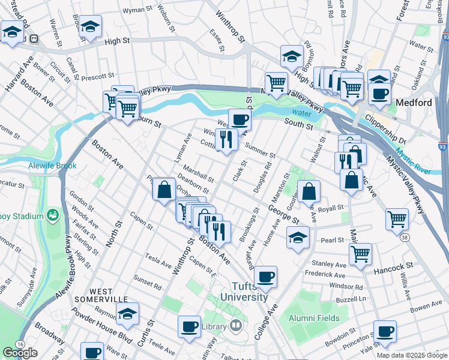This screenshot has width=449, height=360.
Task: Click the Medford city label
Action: (x=414, y=103)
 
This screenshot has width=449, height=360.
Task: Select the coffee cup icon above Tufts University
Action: (x=265, y=277)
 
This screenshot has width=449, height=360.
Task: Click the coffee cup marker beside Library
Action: (x=190, y=327)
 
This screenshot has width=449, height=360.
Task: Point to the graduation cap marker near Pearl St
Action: (x=298, y=238)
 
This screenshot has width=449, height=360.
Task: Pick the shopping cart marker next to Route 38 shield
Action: (x=397, y=220)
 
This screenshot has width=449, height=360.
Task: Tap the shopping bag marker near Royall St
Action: (x=309, y=192)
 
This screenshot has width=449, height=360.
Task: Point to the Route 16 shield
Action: (x=21, y=344)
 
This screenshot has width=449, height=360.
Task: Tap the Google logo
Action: (x=20, y=353)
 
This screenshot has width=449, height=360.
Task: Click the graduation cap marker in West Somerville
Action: (x=127, y=314)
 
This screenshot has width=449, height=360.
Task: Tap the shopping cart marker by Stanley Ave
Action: (x=360, y=254)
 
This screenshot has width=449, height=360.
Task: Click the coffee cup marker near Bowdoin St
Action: (x=384, y=331)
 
